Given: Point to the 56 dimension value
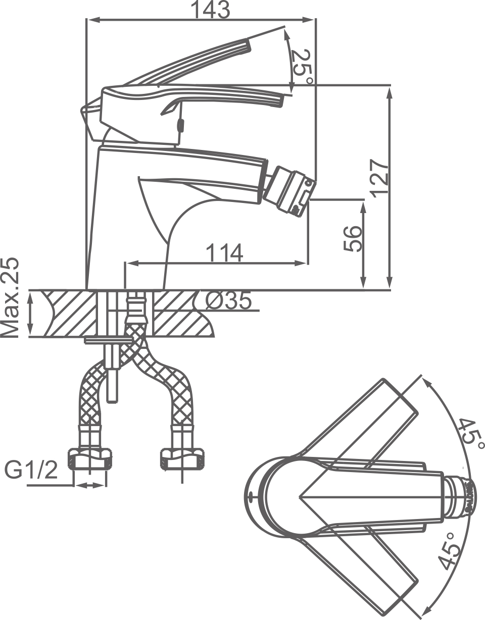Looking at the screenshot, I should pos(353,239).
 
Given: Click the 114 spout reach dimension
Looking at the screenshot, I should pos(224,252).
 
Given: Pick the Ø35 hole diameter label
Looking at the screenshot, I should pos(228,301).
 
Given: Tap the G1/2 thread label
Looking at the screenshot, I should pos(31,471).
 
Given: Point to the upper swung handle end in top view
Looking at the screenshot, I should pos(402,399).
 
